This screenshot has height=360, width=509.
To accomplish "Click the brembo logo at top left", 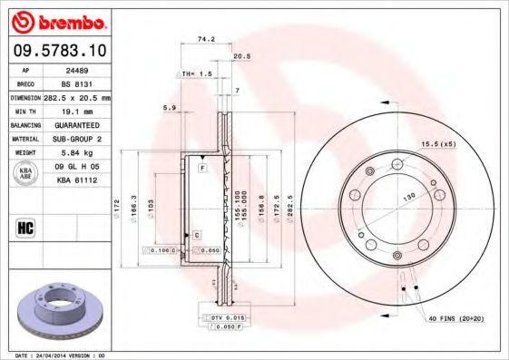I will (60, 20).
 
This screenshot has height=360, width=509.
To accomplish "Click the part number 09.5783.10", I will (60, 52).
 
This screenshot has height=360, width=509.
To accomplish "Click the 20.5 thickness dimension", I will (241, 56).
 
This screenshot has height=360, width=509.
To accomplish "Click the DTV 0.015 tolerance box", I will (222, 319).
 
